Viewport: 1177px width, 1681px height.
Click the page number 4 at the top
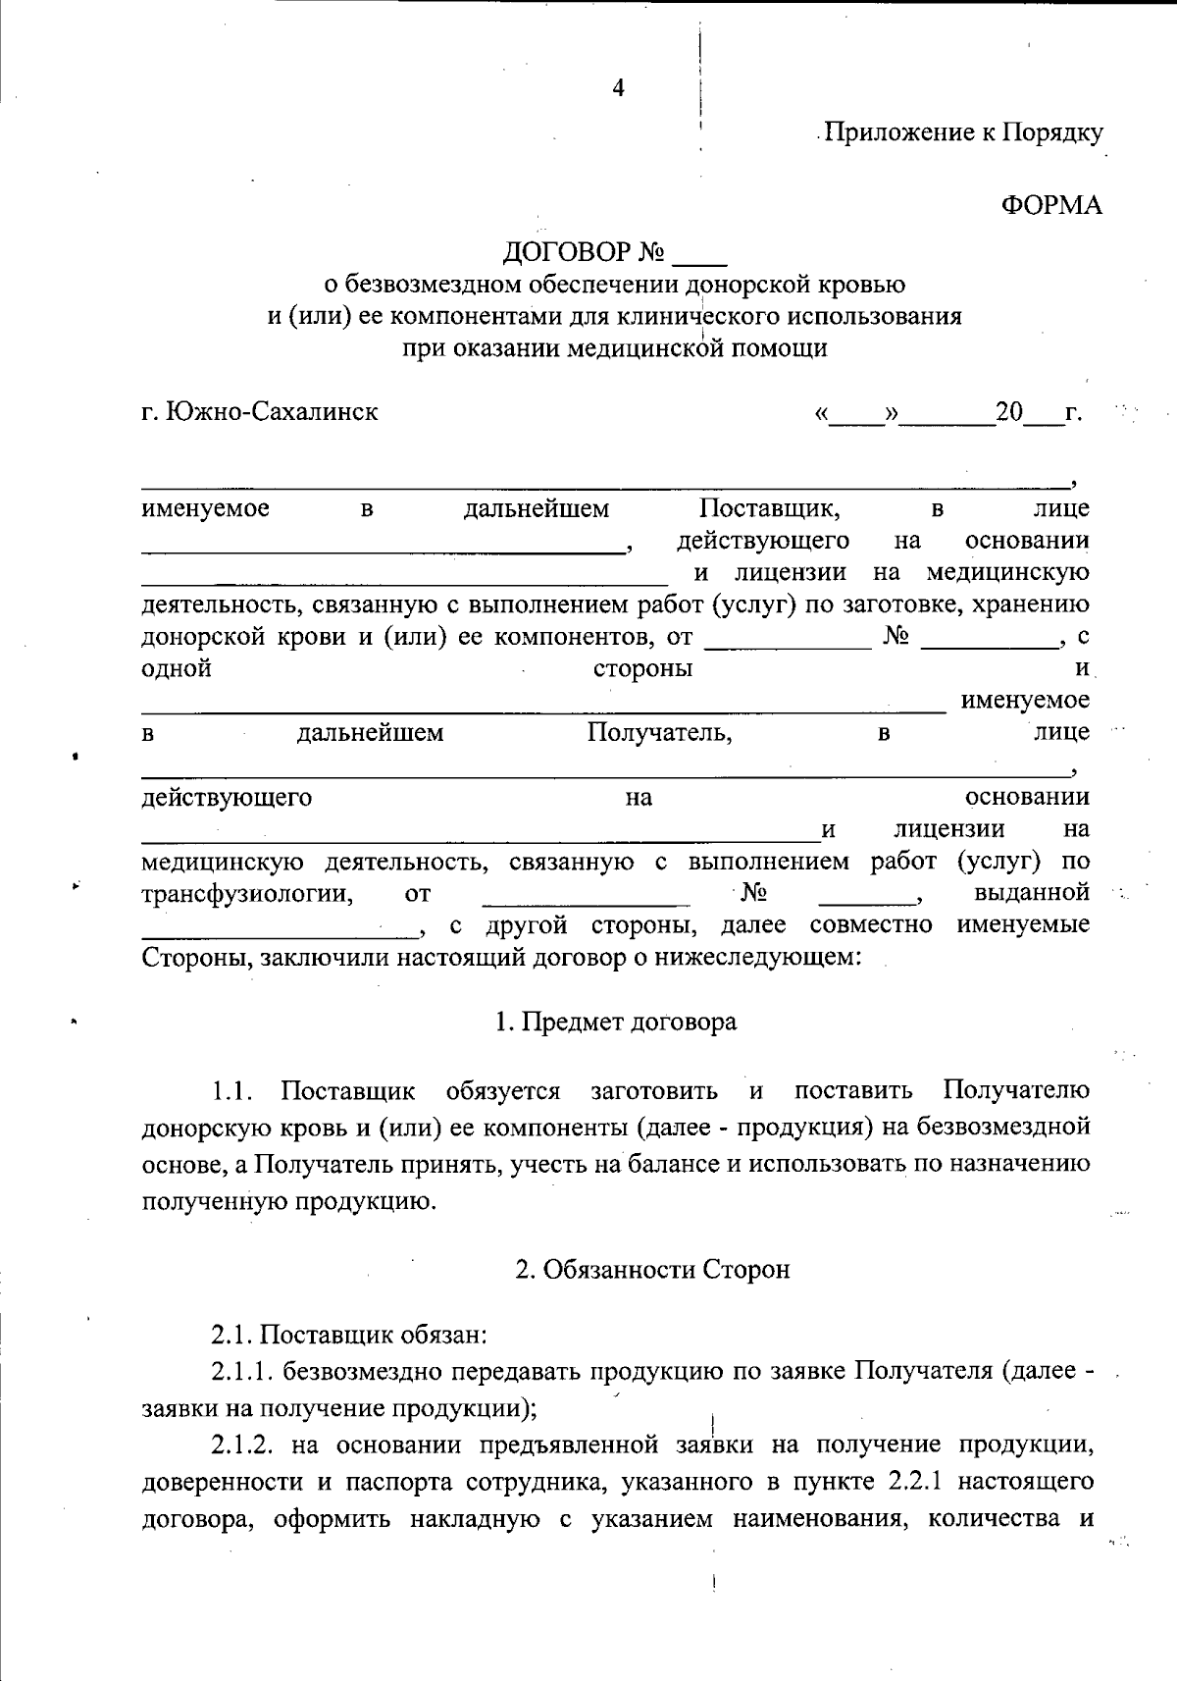618,88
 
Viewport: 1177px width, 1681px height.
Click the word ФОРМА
1051,205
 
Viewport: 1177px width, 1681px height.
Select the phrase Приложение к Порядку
963,132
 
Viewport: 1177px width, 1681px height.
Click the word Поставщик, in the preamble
769,508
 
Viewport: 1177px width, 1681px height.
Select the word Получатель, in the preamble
659,732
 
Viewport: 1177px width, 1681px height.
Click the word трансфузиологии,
247,893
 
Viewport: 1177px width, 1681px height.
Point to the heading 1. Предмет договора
616,1022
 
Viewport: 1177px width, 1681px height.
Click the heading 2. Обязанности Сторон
652,1269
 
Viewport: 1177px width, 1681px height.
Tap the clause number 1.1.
233,1090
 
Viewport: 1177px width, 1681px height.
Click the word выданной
1032,893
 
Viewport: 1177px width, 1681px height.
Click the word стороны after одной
642,668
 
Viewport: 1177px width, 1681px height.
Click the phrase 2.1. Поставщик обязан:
349,1335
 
